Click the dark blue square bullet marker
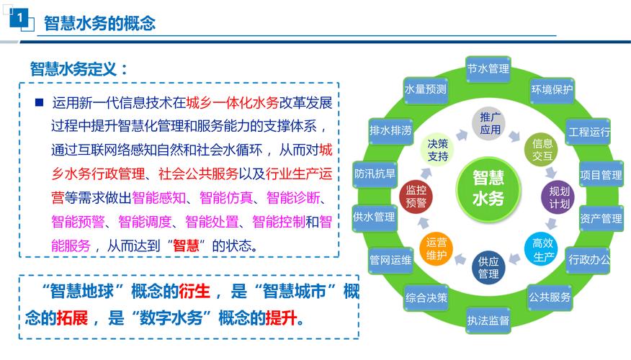point(39,102)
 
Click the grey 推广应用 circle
point(490,123)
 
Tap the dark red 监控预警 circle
point(416,197)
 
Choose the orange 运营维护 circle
point(437,248)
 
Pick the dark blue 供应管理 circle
point(488,267)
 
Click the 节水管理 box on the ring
point(488,69)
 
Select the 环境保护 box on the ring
point(551,90)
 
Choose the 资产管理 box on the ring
point(601,218)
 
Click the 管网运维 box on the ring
point(390,259)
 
